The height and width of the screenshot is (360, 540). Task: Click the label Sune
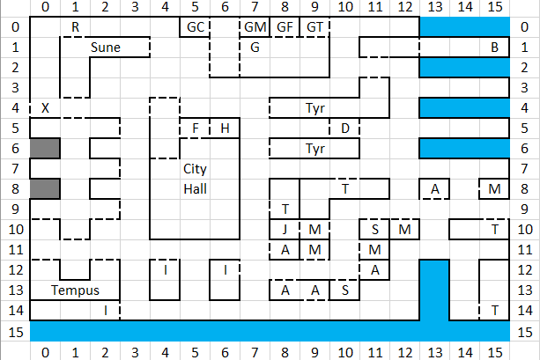coord(106,48)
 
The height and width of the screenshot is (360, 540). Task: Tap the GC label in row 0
coord(196,26)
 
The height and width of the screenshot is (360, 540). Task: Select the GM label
coord(255,26)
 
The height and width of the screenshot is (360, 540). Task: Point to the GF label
coord(285,26)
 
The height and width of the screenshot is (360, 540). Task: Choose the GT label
coord(314,26)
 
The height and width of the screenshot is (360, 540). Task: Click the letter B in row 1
coord(494,48)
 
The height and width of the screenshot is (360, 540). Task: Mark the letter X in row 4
coord(45,108)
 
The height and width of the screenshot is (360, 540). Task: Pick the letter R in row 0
coord(76,26)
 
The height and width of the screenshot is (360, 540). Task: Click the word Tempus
coord(75,290)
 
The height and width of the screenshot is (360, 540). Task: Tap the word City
coord(195,169)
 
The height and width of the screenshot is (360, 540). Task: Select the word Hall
coord(195,189)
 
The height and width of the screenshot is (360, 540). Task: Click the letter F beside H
coord(196,129)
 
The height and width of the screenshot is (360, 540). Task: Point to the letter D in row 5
coord(345,129)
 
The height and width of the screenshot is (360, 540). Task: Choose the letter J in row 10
coord(285,229)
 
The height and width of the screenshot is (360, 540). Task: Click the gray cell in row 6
coord(45,149)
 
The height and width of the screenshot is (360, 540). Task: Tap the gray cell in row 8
coord(45,189)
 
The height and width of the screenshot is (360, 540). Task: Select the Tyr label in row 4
coord(315,108)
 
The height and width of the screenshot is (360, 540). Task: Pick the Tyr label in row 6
coord(315,149)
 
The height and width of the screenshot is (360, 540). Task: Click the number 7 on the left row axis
coord(15,169)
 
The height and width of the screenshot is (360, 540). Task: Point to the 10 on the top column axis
coord(345,6)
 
